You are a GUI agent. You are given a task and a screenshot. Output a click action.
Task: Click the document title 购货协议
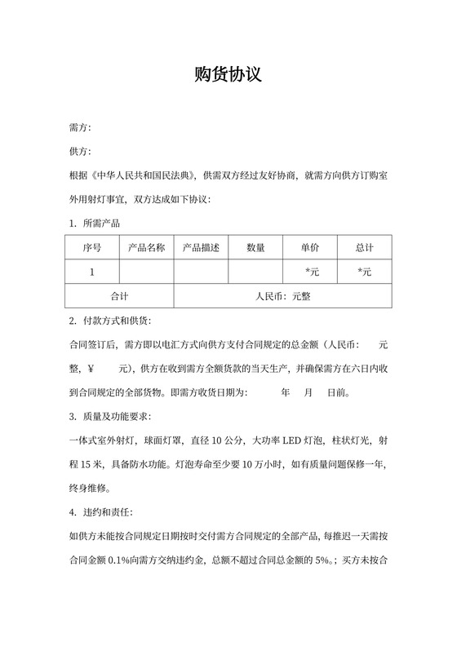coord(228,75)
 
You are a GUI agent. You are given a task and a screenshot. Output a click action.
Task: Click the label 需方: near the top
coord(80,129)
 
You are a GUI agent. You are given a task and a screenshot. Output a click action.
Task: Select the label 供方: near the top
coord(80,153)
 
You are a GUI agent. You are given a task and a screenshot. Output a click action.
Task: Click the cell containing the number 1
coord(92,272)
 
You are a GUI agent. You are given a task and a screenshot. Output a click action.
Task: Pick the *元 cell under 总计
coord(365,272)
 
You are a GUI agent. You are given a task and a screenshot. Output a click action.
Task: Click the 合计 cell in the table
coord(119,296)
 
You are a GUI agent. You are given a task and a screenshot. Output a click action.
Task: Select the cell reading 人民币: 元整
coord(282,296)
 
